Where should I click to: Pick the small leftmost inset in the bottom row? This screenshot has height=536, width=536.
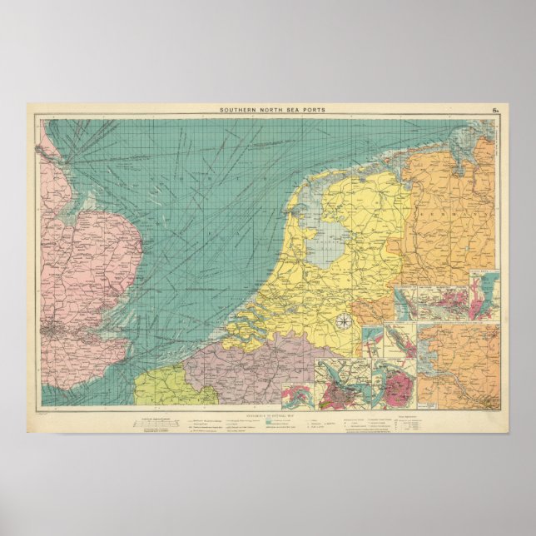click(x=295, y=395)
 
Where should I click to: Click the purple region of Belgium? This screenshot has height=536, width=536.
click(x=233, y=366)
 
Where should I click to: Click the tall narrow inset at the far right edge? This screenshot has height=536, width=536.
click(x=486, y=295)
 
